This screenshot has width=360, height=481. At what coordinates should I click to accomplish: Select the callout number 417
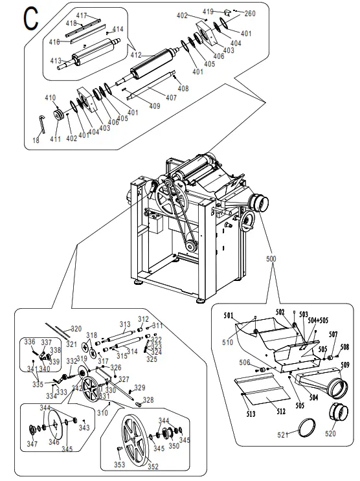pos(82,15)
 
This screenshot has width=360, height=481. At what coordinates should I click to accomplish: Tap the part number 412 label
pos(135,55)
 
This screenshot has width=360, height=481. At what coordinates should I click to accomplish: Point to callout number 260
pos(250,13)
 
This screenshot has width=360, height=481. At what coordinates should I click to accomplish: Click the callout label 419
pos(208,12)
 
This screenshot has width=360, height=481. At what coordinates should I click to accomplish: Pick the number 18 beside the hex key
pos(36,140)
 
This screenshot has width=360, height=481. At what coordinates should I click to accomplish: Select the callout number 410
pos(50,98)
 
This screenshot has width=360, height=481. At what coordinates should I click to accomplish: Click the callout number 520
pos(331,433)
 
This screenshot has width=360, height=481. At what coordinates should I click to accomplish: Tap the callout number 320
pos(76,328)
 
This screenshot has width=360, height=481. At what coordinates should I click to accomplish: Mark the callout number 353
pos(119,465)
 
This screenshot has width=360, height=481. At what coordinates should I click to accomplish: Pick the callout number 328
pos(148,400)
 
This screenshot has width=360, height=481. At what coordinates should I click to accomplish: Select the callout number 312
pos(143,319)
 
